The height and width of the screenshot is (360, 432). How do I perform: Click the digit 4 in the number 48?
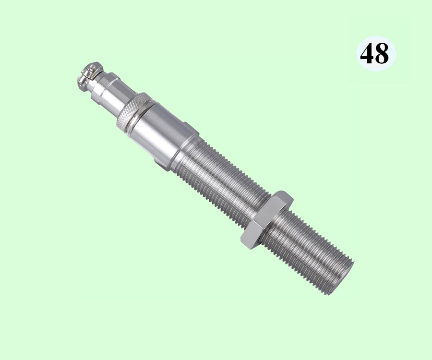pos(367,53)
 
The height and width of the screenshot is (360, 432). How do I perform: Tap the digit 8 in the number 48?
pos(382,54)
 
